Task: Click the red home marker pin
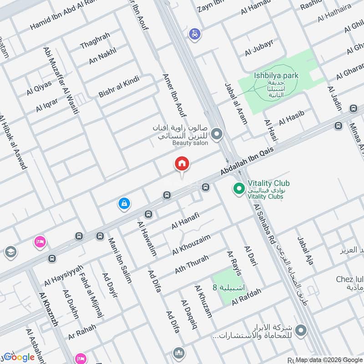(x=182, y=164)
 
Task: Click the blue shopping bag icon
(x=124, y=203)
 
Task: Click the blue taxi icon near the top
(x=195, y=34)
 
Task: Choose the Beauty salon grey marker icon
(x=217, y=134)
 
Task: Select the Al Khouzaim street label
(x=191, y=244)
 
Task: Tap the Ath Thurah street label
(x=192, y=264)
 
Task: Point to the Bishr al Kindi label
(x=119, y=87)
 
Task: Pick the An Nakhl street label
(x=102, y=56)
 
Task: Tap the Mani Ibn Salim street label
(x=120, y=260)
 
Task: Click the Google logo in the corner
(x=18, y=357)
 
